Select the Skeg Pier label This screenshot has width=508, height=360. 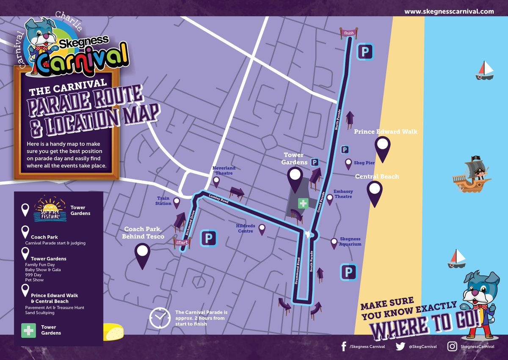coord(362,162)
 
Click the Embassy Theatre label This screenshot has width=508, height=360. coord(343,194)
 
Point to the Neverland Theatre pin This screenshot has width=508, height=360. coord(216,182)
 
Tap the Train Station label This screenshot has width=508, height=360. coord(163,201)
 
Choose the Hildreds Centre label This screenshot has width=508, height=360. coord(245,228)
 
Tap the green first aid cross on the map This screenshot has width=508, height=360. coord(303,204)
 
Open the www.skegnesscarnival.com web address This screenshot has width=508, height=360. coord(449,11)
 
